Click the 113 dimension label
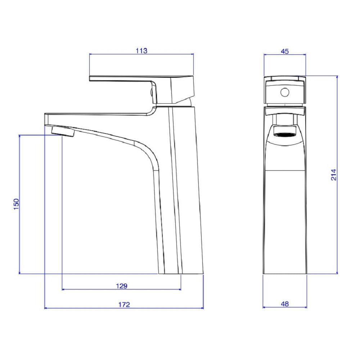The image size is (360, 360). point(141,51)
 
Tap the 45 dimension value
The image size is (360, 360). point(285,51)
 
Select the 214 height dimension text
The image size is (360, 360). point(334,175)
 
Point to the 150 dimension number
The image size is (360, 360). point(16,204)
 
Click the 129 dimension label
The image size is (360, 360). point(121,286)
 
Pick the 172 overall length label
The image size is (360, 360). point(124,305)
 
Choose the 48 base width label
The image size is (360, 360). point(285,304)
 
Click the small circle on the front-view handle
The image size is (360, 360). point(285,92)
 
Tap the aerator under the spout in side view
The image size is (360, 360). point(63,132)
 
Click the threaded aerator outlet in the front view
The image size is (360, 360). point(285,135)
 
